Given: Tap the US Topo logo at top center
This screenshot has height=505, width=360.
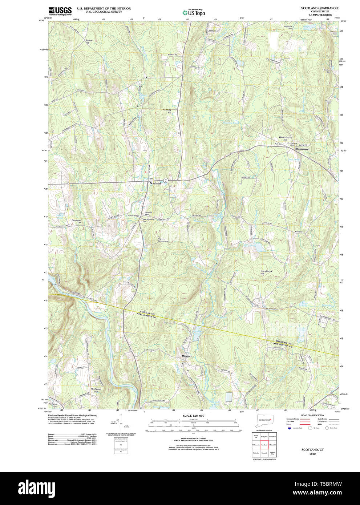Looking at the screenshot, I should click(x=194, y=13).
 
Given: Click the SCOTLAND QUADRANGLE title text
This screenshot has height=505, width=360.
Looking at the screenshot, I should click(x=320, y=8).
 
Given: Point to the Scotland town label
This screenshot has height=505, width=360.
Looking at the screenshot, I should click(x=155, y=183).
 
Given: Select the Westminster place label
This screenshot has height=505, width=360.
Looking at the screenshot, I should click(x=303, y=149).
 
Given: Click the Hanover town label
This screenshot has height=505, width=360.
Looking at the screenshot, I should click(x=187, y=356).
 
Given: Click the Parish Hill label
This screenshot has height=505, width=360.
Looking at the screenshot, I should click(x=89, y=42).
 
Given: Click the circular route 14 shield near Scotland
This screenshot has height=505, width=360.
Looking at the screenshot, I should click(x=166, y=180).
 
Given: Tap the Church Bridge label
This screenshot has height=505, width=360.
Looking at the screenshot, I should click(x=133, y=216).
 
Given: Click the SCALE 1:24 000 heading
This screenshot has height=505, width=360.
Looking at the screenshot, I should click(x=193, y=416).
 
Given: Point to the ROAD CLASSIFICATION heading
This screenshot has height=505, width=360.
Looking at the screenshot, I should click(x=312, y=415).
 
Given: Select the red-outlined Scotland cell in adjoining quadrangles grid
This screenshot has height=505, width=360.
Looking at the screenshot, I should click(x=264, y=445).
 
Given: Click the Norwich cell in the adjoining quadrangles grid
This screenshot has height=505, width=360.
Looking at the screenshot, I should click(x=264, y=453).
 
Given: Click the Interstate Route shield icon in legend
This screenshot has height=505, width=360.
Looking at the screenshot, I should click(x=289, y=428).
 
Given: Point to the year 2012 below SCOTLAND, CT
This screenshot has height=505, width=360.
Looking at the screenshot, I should click(x=312, y=454).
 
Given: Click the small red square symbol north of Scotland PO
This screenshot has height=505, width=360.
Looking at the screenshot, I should click(x=146, y=172).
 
